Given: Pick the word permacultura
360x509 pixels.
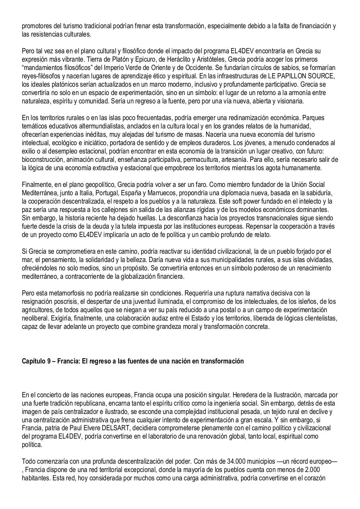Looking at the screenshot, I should [222, 159].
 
